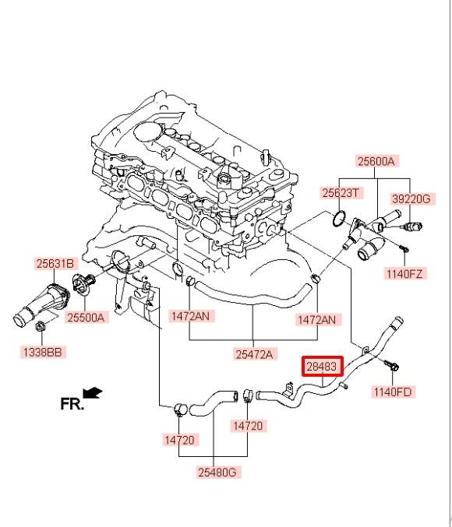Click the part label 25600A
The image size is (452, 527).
(x=376, y=161)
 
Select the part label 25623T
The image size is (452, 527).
(x=341, y=193)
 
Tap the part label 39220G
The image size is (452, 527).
(x=411, y=199)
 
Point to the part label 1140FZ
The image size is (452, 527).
(x=404, y=273)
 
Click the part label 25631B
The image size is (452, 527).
(x=55, y=263)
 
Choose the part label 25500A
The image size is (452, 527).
(x=86, y=318)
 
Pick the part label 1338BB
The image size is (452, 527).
(x=42, y=352)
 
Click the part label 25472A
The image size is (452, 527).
(x=254, y=354)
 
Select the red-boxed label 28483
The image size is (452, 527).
(x=322, y=366)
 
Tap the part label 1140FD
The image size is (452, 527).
(x=393, y=392)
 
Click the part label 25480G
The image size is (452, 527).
(x=217, y=473)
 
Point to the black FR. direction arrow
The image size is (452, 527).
(x=92, y=392)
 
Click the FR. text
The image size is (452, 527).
(x=72, y=404)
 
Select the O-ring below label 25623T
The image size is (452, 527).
(x=339, y=219)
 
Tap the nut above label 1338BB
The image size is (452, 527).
(x=41, y=325)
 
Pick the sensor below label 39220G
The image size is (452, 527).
(x=412, y=227)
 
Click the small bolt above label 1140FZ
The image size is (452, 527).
(x=404, y=249)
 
